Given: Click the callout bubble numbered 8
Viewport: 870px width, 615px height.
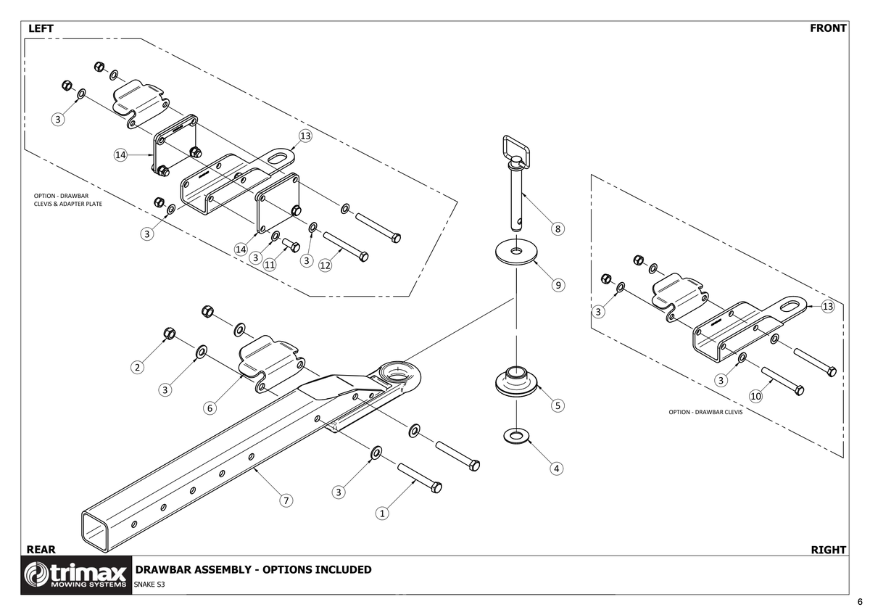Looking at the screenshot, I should click(x=558, y=229).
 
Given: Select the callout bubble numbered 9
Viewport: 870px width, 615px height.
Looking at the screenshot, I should click(x=558, y=285).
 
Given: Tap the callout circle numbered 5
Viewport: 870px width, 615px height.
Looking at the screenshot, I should click(x=558, y=405).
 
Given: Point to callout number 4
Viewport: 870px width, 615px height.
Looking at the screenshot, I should click(x=557, y=468).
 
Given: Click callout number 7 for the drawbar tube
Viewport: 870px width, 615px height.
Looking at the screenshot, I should click(x=286, y=500).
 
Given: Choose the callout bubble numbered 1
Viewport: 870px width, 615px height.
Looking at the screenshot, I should click(x=382, y=513).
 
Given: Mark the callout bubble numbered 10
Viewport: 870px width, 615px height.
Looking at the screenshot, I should click(x=755, y=396).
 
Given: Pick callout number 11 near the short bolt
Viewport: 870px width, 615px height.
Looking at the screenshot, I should click(x=269, y=265).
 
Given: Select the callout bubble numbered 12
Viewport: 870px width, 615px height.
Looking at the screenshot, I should click(x=325, y=265).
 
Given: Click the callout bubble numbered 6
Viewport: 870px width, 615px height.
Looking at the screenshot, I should click(x=210, y=408).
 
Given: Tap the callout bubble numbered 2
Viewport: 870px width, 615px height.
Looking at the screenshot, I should click(x=137, y=367).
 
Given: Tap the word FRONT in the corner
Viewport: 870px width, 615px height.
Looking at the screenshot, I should click(x=828, y=28).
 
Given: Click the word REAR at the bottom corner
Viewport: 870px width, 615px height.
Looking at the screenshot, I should click(x=41, y=550).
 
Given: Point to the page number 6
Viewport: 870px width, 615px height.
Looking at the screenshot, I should click(x=859, y=602).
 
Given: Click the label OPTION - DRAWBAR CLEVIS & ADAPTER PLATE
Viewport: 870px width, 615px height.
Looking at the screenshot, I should click(x=67, y=199).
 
